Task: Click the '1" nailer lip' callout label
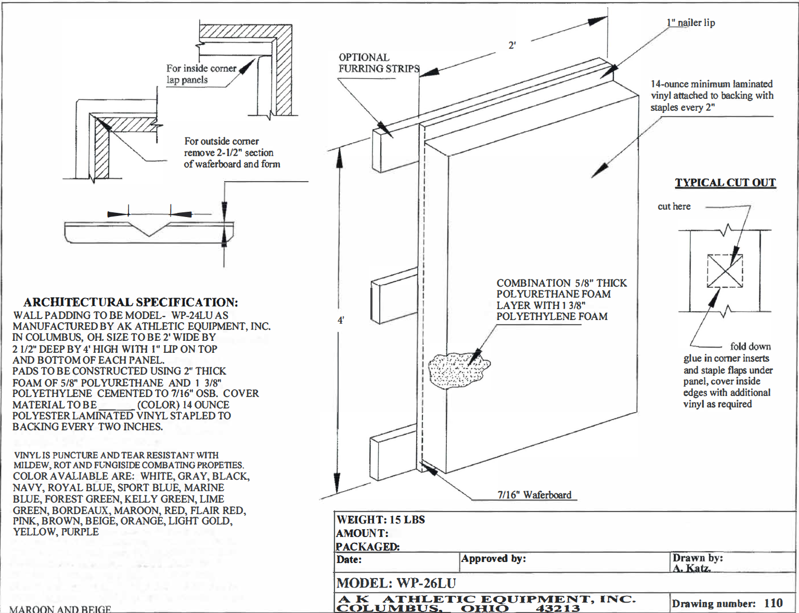691,22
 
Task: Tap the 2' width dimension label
512,46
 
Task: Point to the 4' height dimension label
341,320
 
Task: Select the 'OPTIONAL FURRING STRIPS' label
379,63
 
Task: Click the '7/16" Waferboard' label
534,495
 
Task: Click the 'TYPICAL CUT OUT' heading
725,183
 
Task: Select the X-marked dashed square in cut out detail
725,271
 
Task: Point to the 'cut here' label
674,207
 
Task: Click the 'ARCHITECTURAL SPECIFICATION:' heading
131,302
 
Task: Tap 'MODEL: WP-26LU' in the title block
396,583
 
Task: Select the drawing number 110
773,603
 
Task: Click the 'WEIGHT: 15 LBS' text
381,519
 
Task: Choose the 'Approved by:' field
494,559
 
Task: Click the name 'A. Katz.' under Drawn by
691,568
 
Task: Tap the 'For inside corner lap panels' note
201,74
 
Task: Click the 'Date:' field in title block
349,560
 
